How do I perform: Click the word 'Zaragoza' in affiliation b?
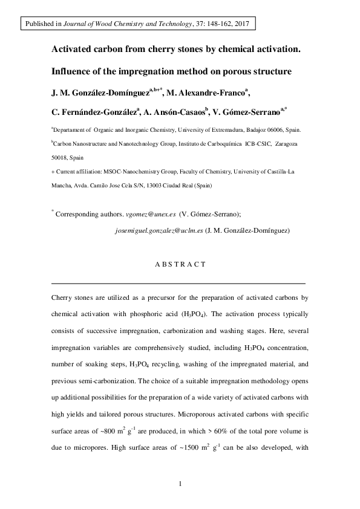click(284, 144)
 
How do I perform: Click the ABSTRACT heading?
click(180, 264)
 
